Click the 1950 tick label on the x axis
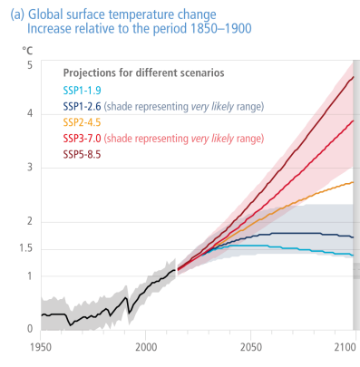click(41, 347)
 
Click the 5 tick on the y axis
click(31, 66)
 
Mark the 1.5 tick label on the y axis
click(27, 248)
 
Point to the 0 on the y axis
click(31, 329)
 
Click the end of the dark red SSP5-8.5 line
click(353, 77)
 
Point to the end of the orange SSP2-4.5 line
click(353, 182)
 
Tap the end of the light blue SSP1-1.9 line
click(353, 256)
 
